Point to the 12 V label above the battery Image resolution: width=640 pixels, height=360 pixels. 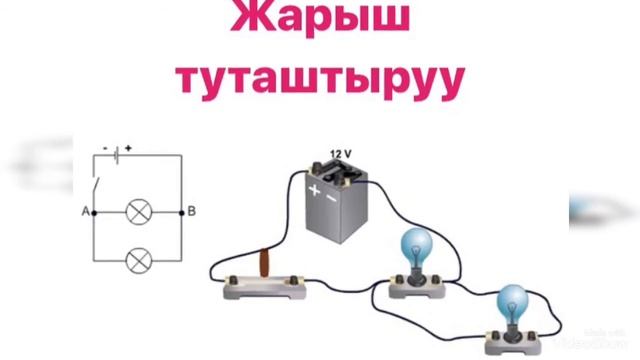(x=341, y=154)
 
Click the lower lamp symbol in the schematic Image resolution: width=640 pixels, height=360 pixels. (x=137, y=261)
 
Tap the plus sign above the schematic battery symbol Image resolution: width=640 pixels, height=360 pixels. (x=128, y=146)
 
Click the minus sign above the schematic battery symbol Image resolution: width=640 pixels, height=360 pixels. (x=107, y=146)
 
